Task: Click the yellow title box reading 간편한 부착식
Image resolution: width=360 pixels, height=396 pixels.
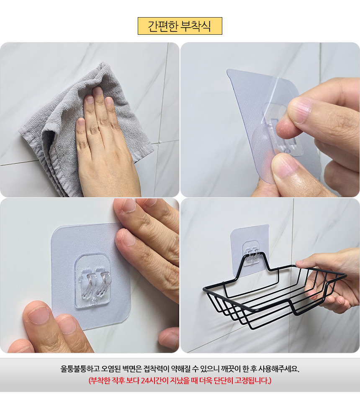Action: [x=180, y=26]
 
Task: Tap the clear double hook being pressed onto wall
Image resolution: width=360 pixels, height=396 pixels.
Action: [x=93, y=282]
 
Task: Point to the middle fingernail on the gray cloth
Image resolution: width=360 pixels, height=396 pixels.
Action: [x=98, y=91]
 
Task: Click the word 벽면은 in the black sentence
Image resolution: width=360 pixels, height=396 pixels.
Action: [x=132, y=369]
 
